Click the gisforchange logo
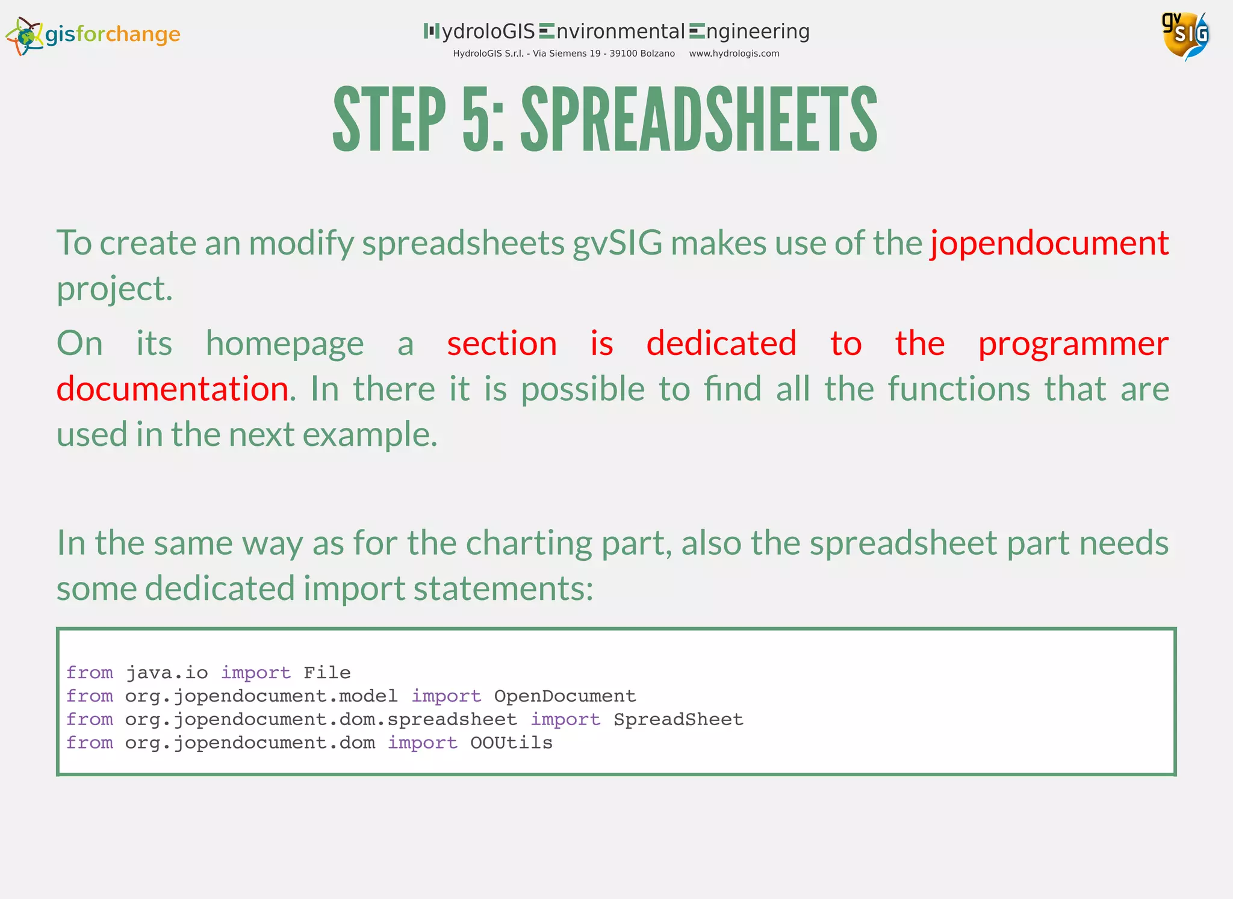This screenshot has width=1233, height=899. point(93,35)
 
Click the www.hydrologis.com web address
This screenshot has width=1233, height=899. point(734,54)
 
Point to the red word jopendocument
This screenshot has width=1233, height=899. point(1049,243)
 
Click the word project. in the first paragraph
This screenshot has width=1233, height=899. point(114,289)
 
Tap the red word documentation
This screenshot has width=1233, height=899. point(173,389)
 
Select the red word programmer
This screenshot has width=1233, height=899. point(1073,344)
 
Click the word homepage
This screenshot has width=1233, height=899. point(285,344)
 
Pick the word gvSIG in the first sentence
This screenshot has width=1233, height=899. point(617,243)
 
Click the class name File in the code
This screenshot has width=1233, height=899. point(327,673)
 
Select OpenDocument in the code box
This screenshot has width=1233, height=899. point(565,696)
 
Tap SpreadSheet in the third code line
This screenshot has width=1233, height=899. point(679,720)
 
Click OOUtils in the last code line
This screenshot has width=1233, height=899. point(511,743)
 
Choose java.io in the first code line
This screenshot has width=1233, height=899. point(167,673)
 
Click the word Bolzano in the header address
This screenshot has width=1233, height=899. point(657,54)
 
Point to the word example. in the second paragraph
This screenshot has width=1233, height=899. point(370,434)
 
